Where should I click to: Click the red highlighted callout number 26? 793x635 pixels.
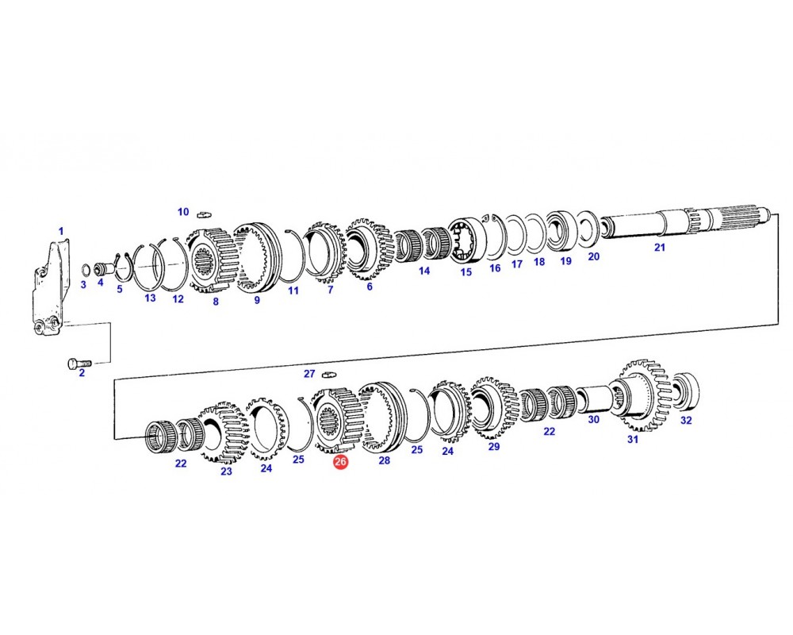340,461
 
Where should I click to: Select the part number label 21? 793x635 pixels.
660,247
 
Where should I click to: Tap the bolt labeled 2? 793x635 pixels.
79,363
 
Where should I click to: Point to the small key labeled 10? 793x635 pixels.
205,214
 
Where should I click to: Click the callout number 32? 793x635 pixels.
686,420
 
